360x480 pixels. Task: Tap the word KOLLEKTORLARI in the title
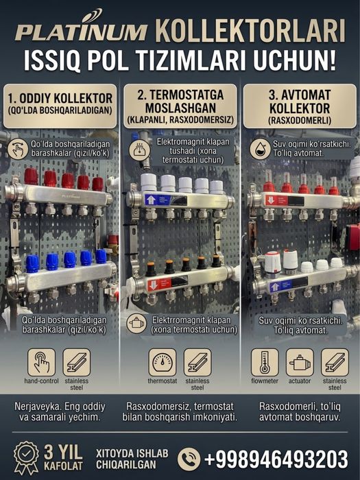[x=251, y=31]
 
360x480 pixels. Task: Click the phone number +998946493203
[x=276, y=459]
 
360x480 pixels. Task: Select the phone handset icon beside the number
[x=189, y=459]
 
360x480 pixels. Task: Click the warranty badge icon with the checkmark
[x=26, y=457]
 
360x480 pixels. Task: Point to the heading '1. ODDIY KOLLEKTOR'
[x=60, y=99]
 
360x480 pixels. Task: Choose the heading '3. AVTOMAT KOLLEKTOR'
[x=300, y=101]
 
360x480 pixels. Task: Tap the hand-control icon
[x=42, y=363]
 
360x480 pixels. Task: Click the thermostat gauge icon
[x=163, y=363]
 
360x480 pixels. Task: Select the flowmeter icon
[x=265, y=363]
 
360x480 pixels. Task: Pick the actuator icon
[x=300, y=363]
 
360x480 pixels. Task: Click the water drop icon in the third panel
[x=260, y=149]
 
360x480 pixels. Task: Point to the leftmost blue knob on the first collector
[x=32, y=263]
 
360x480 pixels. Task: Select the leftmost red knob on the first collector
[x=32, y=176]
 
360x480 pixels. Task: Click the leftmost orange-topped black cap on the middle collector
[x=151, y=269]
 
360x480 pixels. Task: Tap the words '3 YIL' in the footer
[x=63, y=452]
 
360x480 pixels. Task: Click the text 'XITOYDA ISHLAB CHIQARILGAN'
[x=132, y=459]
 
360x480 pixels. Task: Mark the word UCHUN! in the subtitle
[x=294, y=60]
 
